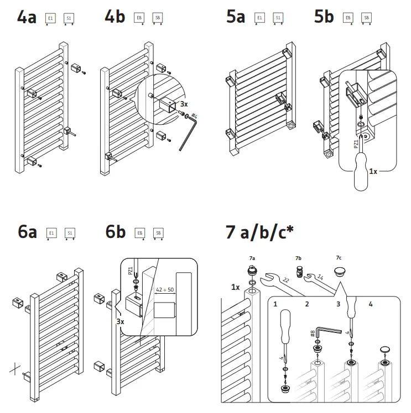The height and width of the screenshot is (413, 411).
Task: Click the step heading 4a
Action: coord(27,18)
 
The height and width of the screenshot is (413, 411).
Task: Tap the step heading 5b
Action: coord(324,18)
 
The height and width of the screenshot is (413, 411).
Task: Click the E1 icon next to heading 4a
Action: coord(50,19)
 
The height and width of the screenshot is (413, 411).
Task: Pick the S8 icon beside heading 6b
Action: coord(158,234)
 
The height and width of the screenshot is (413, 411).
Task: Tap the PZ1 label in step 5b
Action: coord(355,145)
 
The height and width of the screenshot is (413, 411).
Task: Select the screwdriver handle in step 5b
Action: coord(360,171)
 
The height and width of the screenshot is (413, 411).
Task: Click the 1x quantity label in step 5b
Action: coord(373,172)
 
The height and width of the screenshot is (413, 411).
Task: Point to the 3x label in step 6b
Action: coord(121,320)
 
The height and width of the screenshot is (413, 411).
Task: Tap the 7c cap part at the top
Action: coord(340,272)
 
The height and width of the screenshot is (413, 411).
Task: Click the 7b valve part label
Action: coord(298,258)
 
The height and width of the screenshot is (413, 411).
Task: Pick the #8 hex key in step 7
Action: coord(324,334)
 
